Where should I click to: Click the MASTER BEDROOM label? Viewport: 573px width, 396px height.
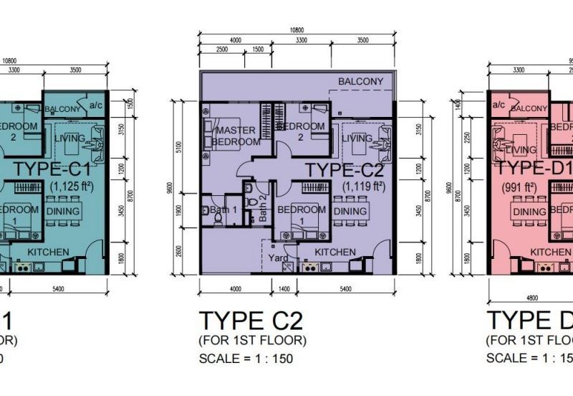(231, 136)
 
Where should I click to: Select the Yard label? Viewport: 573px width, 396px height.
(279, 258)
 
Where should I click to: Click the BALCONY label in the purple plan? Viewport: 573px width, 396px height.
(360, 82)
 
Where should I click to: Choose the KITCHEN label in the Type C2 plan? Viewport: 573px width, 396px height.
(335, 252)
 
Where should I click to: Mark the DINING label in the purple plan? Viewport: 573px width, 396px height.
(350, 212)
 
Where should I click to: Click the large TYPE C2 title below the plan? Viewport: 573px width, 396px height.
(252, 319)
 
